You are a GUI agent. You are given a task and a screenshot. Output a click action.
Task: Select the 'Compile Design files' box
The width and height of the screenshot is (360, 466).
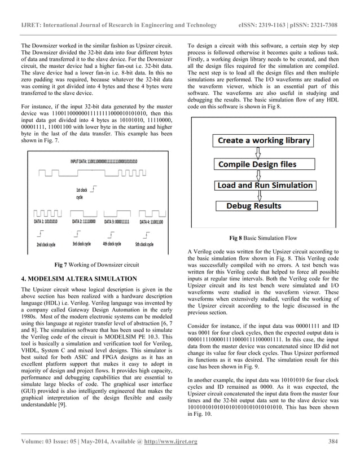[x=257, y=165]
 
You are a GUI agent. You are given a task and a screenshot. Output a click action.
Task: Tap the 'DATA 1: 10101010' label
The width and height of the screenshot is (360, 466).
[x=47, y=223]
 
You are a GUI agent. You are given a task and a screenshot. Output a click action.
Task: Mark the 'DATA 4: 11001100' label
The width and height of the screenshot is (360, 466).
[x=151, y=223]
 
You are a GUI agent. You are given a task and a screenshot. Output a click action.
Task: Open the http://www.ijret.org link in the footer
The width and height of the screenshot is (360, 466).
[x=169, y=441]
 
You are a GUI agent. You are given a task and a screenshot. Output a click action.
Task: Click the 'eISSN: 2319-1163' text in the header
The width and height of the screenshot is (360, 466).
[x=262, y=25]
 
